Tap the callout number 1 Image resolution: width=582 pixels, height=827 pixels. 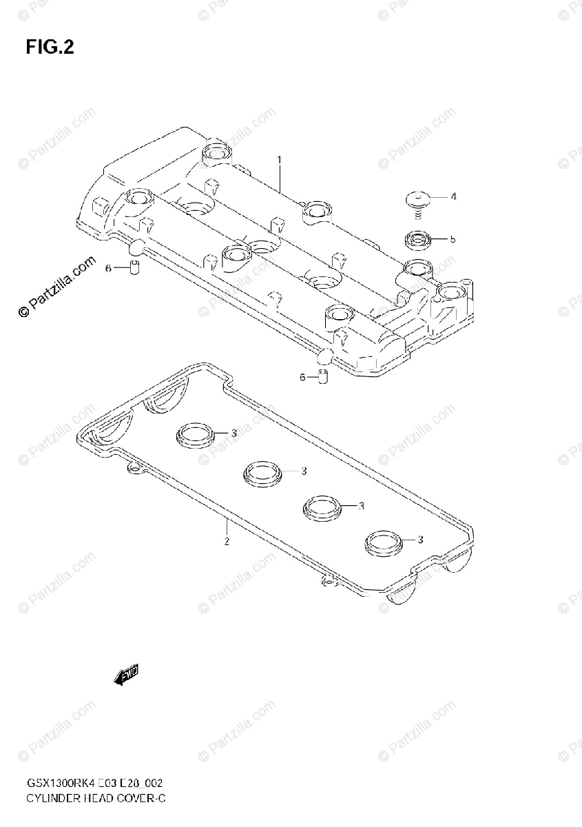280,160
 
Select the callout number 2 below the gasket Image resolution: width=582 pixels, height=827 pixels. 227,541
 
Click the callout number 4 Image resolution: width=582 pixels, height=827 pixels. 453,197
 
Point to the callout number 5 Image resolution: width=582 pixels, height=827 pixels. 453,240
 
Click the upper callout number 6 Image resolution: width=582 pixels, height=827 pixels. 108,268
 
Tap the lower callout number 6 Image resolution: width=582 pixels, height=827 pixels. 302,376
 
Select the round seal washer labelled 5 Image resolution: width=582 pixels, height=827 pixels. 417,241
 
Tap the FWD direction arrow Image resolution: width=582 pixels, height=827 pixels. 127,675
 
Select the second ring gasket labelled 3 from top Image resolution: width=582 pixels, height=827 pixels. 261,473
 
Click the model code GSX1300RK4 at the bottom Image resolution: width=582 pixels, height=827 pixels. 56,784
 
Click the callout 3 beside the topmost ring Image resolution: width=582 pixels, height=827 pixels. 234,433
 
